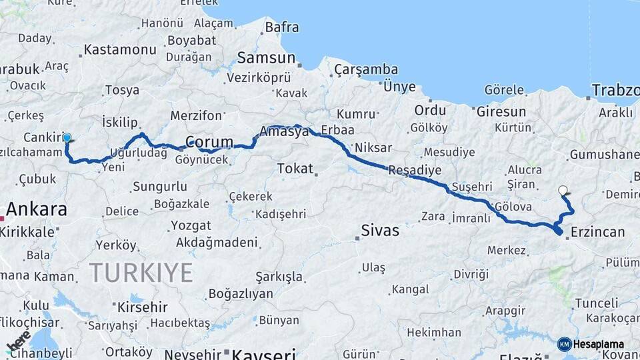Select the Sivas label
pyautogui.click(x=380, y=231)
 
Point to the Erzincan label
pyautogui.click(x=597, y=232)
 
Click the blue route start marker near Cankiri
pyautogui.click(x=67, y=138)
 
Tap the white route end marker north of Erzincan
pyautogui.click(x=563, y=191)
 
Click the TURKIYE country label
pyautogui.click(x=141, y=272)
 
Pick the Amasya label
pyautogui.click(x=285, y=131)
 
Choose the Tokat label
pyautogui.click(x=295, y=168)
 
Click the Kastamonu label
pyautogui.click(x=120, y=50)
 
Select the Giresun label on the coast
pyautogui.click(x=501, y=111)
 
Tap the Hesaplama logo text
pyautogui.click(x=597, y=345)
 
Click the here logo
pyautogui.click(x=19, y=341)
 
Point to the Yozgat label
pyautogui.click(x=191, y=225)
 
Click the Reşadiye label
pyautogui.click(x=415, y=171)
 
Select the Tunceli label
pyautogui.click(x=597, y=303)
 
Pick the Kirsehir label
pyautogui.click(x=142, y=307)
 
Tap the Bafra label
pyautogui.click(x=282, y=27)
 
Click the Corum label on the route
pyautogui.click(x=209, y=142)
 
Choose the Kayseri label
pyautogui.click(x=264, y=353)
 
